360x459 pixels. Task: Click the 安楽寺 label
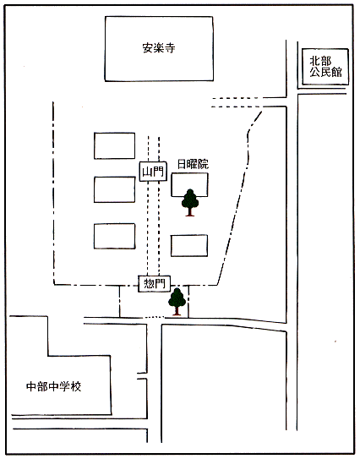[159, 47]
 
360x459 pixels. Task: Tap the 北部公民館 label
[325, 67]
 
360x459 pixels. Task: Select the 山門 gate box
[153, 172]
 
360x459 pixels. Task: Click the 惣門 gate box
[155, 284]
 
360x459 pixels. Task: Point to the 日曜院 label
[193, 164]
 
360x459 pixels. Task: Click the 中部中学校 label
[53, 386]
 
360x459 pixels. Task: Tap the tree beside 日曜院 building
[190, 203]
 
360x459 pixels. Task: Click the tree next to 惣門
[177, 302]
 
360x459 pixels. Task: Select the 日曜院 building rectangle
[189, 185]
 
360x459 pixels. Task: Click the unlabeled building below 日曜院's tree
[189, 246]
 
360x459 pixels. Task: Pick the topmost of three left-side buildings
[114, 145]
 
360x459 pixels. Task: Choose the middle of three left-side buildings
[114, 189]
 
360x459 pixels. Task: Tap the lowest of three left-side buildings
[114, 236]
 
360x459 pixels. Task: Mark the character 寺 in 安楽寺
[170, 47]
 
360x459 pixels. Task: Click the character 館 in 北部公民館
[336, 73]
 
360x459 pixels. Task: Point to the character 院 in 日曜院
[204, 164]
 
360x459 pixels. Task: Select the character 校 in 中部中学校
[76, 386]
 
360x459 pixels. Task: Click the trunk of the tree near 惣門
[177, 310]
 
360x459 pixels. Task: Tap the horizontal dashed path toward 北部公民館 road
[237, 102]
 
